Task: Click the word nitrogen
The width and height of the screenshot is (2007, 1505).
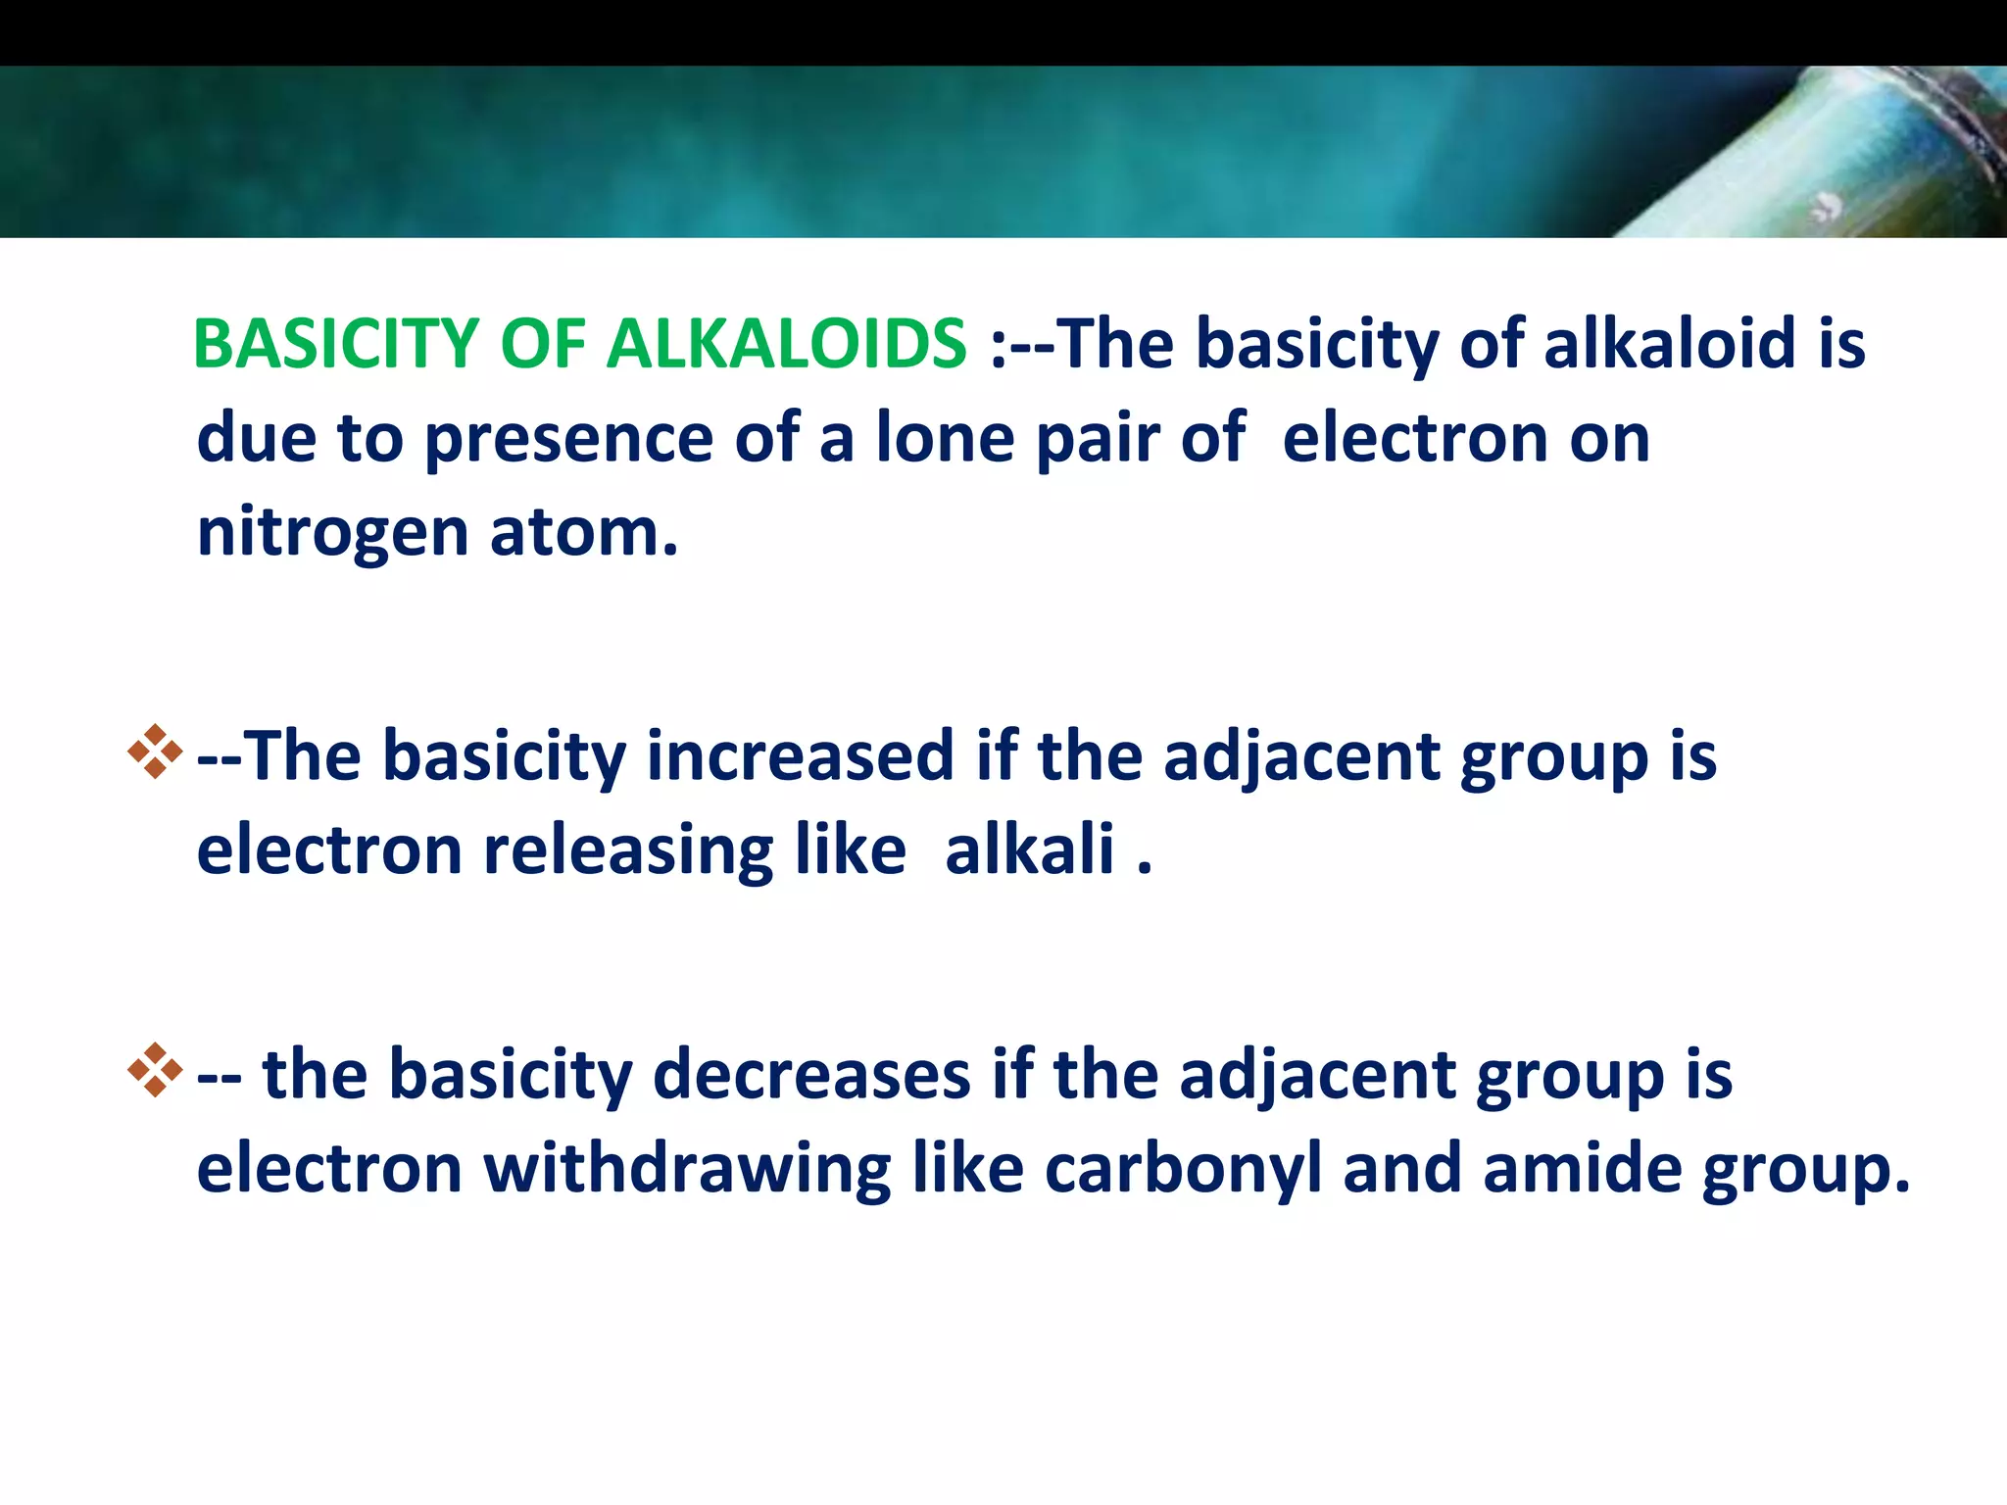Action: point(332,534)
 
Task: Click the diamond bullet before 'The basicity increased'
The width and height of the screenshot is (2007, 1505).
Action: point(155,752)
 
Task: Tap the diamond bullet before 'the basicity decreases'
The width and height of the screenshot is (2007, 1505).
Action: point(155,1069)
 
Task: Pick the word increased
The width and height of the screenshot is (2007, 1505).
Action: point(800,755)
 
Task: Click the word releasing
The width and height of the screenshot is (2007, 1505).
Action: point(628,850)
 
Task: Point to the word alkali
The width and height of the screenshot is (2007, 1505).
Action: point(1030,850)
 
